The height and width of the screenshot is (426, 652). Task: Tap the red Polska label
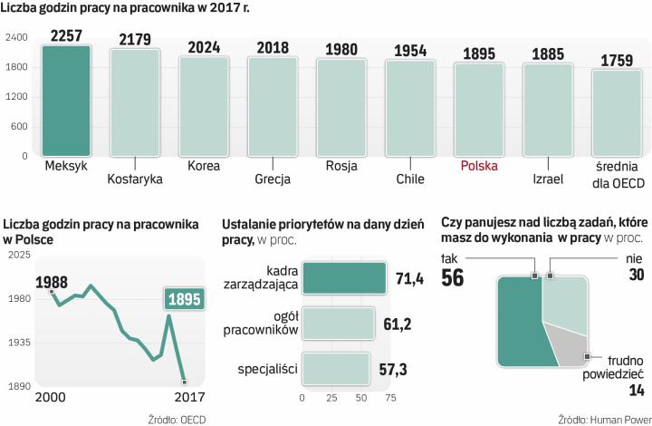coord(479,166)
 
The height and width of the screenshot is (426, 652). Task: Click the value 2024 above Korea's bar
coord(204,48)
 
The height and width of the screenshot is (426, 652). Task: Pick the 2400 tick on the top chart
coord(16,38)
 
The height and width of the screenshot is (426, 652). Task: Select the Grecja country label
coord(273,179)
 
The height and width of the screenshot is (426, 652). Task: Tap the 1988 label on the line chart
coord(52,281)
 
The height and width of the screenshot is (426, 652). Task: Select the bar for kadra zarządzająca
coord(343,277)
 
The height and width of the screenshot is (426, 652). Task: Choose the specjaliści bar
coord(335,368)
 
